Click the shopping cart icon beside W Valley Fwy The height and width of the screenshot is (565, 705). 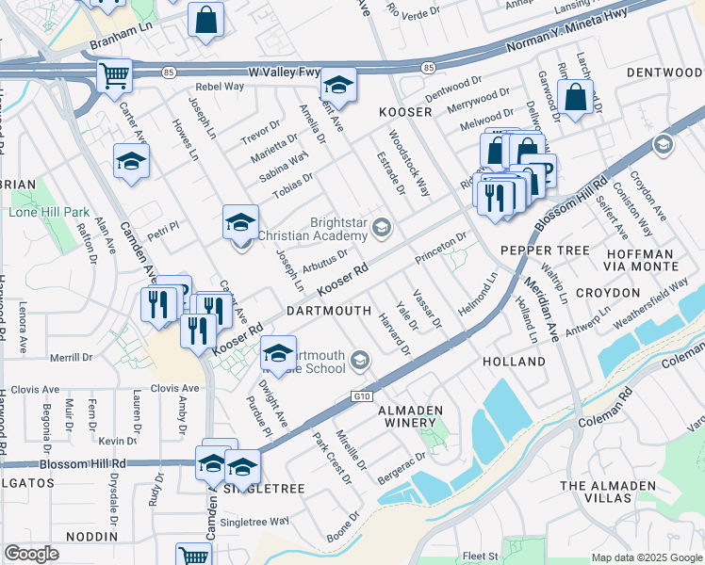[x=115, y=74]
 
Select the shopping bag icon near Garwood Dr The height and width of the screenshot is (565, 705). [x=574, y=96]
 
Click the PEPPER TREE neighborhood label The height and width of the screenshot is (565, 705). [x=544, y=250]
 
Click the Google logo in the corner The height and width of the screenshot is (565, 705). [x=31, y=554]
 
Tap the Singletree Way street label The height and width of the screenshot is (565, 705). [x=254, y=521]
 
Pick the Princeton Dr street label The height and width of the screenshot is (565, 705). [x=440, y=247]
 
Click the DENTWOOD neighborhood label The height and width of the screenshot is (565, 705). [x=664, y=73]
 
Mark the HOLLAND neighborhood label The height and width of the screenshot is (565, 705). [x=514, y=362]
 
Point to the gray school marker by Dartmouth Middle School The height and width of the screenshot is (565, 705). [x=359, y=360]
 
